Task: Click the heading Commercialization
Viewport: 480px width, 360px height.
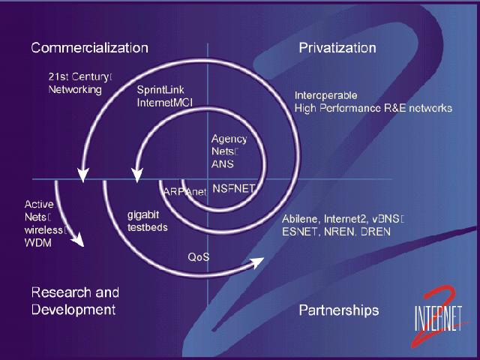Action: [x=90, y=48]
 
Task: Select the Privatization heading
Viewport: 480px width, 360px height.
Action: [x=337, y=48]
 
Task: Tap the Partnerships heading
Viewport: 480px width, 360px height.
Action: [x=339, y=310]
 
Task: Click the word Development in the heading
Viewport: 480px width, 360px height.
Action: [x=73, y=310]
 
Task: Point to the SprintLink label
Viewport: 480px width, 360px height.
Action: [x=160, y=90]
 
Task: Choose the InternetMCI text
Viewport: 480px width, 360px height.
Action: [x=165, y=103]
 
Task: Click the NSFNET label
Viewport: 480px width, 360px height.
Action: [x=233, y=188]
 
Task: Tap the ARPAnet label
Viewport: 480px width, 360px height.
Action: [x=185, y=192]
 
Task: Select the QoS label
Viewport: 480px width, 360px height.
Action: [x=199, y=256]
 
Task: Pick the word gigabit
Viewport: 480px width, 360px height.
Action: [x=143, y=215]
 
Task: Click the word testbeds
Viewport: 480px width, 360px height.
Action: [x=148, y=227]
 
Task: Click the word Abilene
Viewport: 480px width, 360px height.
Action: [x=301, y=219]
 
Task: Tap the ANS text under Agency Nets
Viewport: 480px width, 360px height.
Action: [x=223, y=164]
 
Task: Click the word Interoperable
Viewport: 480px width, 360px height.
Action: [x=325, y=95]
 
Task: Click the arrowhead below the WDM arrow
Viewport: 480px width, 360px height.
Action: [x=78, y=239]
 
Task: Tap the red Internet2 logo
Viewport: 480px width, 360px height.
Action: [x=438, y=316]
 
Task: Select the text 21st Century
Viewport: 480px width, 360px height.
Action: [x=78, y=76]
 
